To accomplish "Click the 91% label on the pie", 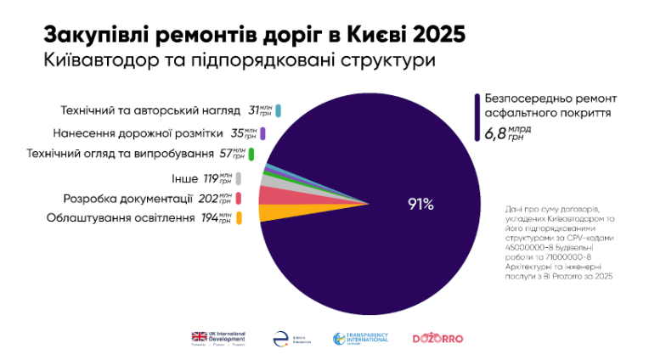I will click(420, 204).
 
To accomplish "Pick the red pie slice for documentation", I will click(269, 195).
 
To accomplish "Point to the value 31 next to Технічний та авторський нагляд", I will click(254, 110).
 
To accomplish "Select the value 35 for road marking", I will click(239, 133).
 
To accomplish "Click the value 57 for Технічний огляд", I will click(226, 155).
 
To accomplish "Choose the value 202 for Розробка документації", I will click(208, 199).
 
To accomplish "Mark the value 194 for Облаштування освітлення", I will click(208, 218).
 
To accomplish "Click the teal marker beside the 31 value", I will click(278, 110).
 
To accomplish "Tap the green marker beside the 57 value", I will click(252, 155).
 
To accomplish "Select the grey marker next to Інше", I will click(240, 178).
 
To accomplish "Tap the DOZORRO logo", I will click(437, 338).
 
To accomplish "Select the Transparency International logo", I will click(361, 338).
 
